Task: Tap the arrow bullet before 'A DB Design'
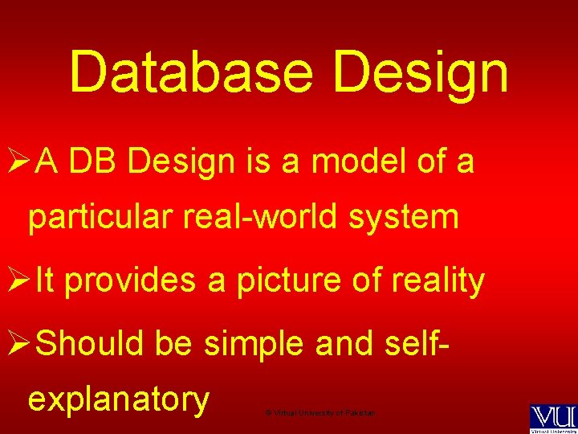tap(16, 163)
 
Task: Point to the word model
tap(357, 162)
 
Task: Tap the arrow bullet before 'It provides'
tap(16, 280)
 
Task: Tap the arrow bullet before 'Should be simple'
tap(16, 343)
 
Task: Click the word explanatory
tap(119, 399)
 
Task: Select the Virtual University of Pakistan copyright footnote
tap(320, 412)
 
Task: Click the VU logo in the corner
tap(552, 417)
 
